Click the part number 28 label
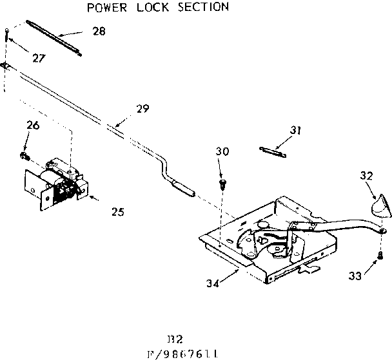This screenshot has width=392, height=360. click(99, 30)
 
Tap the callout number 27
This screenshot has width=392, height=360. click(40, 57)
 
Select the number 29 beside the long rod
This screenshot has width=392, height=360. click(142, 109)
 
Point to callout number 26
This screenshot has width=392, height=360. click(33, 125)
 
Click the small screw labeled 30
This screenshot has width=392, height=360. click(223, 184)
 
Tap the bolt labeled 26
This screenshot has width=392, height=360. click(25, 155)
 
